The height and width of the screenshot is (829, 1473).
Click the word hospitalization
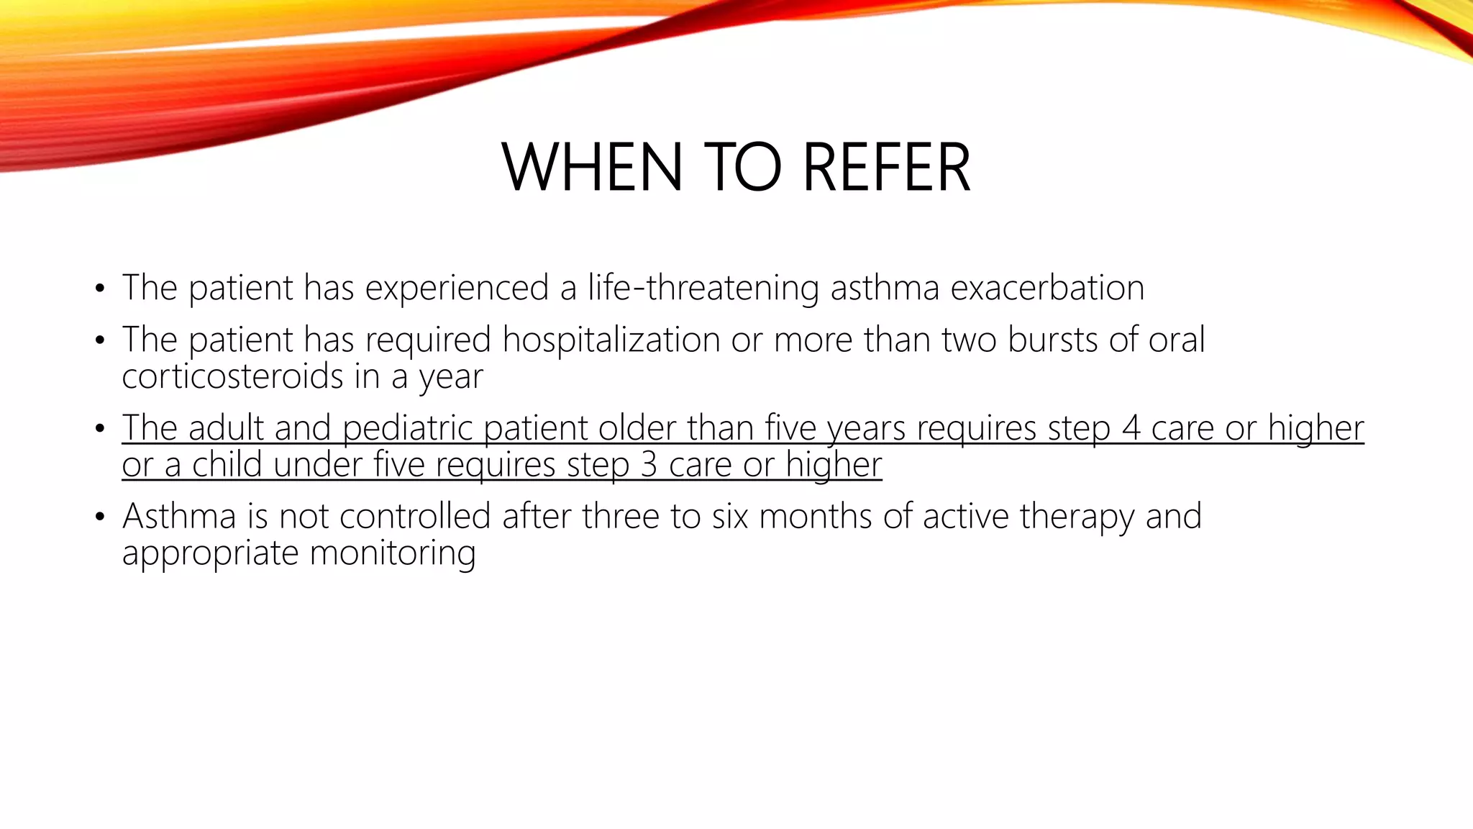pos(611,340)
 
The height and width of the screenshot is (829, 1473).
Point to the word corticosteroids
pos(232,376)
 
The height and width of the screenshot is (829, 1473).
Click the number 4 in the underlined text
pos(1131,428)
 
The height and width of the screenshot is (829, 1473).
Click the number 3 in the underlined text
pos(648,465)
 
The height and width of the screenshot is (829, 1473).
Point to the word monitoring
pos(393,553)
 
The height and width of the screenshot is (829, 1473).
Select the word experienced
pos(457,289)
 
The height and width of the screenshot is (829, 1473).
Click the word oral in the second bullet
pos(1176,340)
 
